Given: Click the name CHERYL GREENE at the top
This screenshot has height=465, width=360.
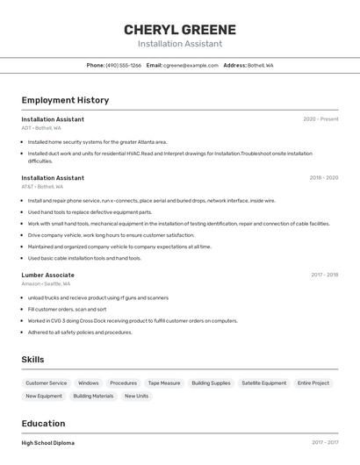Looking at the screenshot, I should (x=180, y=29).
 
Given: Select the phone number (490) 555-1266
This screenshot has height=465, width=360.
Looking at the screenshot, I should (x=123, y=65).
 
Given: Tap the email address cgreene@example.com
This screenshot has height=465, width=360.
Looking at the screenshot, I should (x=191, y=65).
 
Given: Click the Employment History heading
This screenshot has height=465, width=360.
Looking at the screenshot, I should (x=65, y=100).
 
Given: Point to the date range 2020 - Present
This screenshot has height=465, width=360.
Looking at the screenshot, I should (x=320, y=119).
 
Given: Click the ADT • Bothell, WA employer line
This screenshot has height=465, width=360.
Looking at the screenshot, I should (x=41, y=128).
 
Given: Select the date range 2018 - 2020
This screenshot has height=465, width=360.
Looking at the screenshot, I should (x=323, y=178).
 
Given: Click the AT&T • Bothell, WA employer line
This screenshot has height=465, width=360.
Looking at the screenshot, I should (x=42, y=187).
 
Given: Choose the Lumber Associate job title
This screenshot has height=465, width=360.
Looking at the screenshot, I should (x=47, y=275).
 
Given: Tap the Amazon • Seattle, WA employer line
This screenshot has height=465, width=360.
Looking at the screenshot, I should (x=46, y=284).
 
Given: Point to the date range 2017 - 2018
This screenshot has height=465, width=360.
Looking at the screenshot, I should (x=324, y=275).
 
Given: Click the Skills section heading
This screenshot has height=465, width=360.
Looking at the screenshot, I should (x=32, y=360).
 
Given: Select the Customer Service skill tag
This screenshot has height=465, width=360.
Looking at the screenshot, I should (x=46, y=383).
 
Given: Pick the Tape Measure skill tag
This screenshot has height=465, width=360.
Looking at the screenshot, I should (x=164, y=383).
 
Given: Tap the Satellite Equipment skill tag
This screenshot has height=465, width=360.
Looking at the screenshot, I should (x=263, y=383).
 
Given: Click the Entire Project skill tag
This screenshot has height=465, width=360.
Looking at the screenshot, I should (x=313, y=383).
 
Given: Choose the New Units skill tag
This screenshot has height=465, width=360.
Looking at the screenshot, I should (x=136, y=397).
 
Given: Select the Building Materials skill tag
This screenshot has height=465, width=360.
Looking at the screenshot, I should (x=93, y=397).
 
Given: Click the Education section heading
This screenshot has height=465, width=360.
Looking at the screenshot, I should (x=43, y=424).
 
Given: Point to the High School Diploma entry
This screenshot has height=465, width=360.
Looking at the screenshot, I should (x=48, y=443).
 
